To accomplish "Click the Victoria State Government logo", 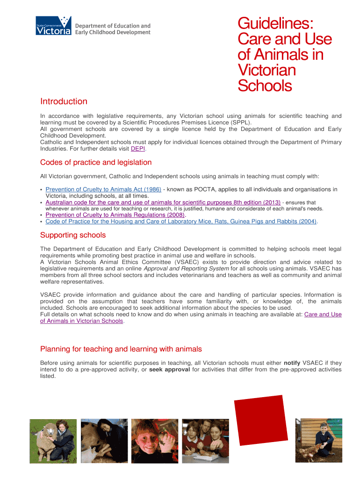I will tap(53, 26).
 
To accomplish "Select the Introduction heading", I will tap(64, 102).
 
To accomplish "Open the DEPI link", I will tap(138, 149).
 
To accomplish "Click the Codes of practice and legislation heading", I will tap(96, 162).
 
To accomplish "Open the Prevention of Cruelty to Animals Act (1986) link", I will tap(103, 189).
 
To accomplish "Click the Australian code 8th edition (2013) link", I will tap(163, 203).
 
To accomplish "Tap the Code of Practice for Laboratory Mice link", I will tap(181, 221).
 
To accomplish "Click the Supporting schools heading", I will tap(73, 235).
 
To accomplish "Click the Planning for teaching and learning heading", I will tap(121, 349).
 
